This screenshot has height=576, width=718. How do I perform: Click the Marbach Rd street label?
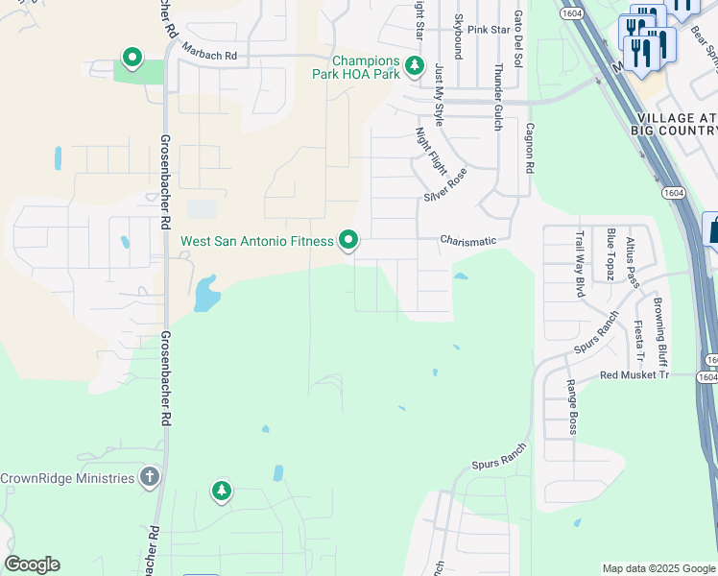(x=208, y=57)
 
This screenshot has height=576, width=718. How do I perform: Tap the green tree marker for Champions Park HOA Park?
(x=414, y=65)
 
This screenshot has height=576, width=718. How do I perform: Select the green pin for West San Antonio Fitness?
(x=348, y=240)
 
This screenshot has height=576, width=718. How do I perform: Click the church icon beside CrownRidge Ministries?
(x=149, y=477)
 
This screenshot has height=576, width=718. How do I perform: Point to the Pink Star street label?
(x=488, y=31)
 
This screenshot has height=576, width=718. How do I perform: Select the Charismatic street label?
(x=468, y=240)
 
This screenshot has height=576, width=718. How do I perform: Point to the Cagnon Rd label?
(x=528, y=147)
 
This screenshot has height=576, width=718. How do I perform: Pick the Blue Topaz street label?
(x=610, y=254)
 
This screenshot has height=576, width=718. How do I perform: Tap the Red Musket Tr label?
(x=634, y=375)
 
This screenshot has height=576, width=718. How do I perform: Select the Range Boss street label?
(x=571, y=407)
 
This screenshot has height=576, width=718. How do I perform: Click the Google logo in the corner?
(x=32, y=564)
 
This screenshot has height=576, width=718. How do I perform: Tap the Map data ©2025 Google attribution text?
(x=658, y=568)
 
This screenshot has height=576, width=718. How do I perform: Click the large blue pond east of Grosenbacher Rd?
(x=205, y=294)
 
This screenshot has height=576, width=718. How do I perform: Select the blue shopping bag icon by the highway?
(x=712, y=230)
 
